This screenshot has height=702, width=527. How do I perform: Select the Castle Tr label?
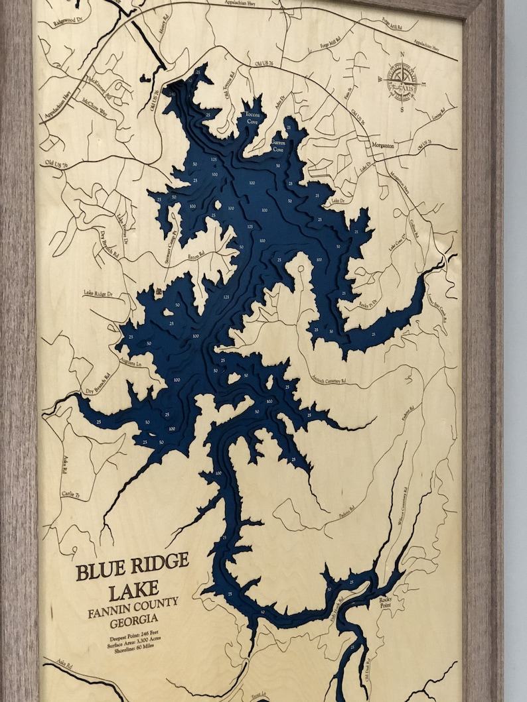(70, 495)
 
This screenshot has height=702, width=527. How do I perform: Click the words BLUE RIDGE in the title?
(132, 566)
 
